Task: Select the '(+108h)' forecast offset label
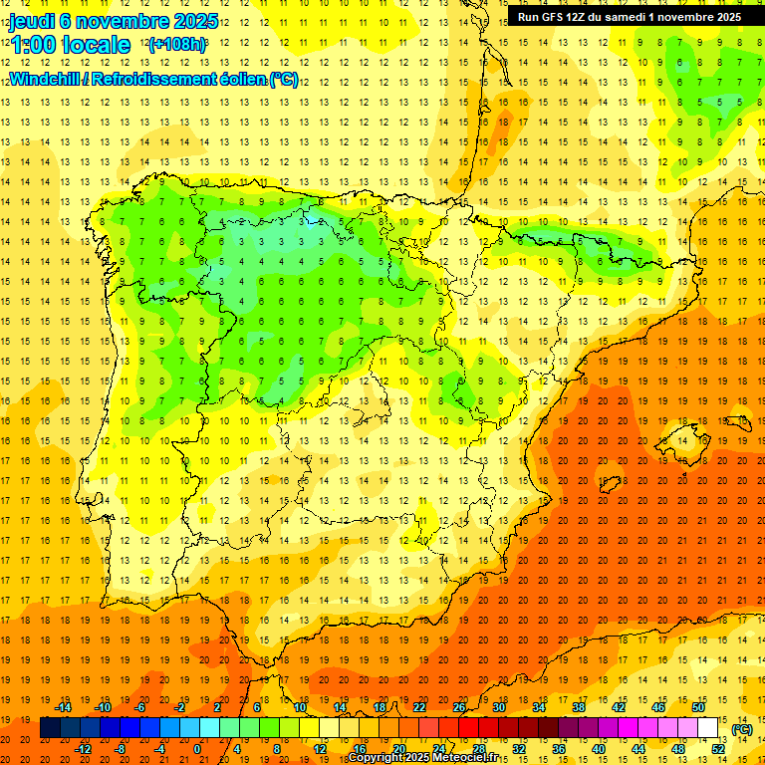177,45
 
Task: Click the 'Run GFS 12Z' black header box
629,17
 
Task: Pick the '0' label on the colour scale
197,749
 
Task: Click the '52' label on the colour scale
718,749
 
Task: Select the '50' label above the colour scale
697,707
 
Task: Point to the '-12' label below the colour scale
84,749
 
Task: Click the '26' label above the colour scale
459,707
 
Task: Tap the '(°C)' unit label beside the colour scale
742,729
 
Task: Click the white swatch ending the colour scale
707,728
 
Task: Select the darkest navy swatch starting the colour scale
50,728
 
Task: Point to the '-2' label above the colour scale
180,707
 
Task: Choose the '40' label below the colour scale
599,749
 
